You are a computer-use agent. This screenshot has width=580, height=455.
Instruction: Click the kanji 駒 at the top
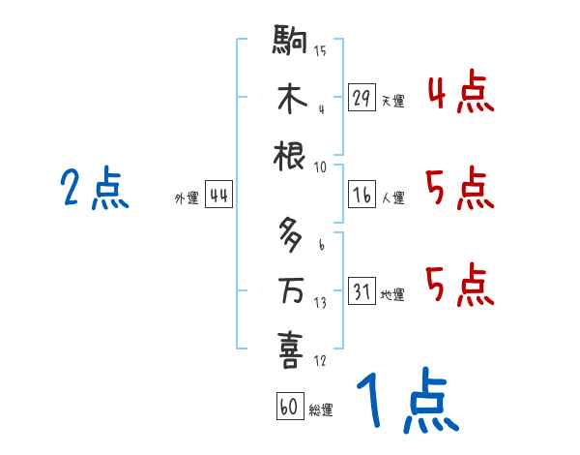pyautogui.click(x=290, y=43)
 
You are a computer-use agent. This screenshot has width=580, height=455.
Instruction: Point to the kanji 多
pyautogui.click(x=290, y=233)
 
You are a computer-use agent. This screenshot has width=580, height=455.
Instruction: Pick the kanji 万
pyautogui.click(x=290, y=290)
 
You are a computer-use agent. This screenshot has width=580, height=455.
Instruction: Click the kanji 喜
pyautogui.click(x=290, y=349)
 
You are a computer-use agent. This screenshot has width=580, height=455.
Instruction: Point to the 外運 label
pyautogui.click(x=186, y=197)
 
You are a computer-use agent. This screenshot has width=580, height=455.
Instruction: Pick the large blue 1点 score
pyautogui.click(x=406, y=399)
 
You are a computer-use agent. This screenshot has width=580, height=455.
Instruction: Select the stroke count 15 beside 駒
pyautogui.click(x=320, y=50)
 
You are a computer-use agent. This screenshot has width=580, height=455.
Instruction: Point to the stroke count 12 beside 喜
pyautogui.click(x=320, y=361)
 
